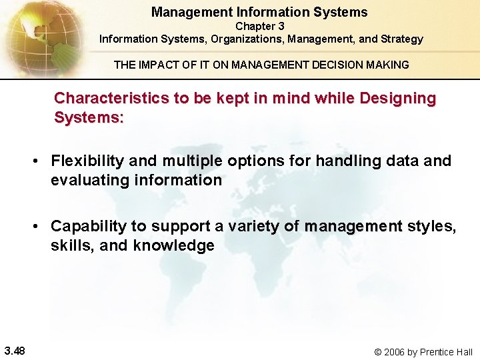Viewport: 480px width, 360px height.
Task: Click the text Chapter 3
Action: coord(259,26)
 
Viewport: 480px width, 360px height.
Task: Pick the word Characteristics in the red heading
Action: coord(111,98)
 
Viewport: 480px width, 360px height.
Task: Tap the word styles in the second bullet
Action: coord(431,226)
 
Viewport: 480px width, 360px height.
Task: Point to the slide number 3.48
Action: coord(15,351)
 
